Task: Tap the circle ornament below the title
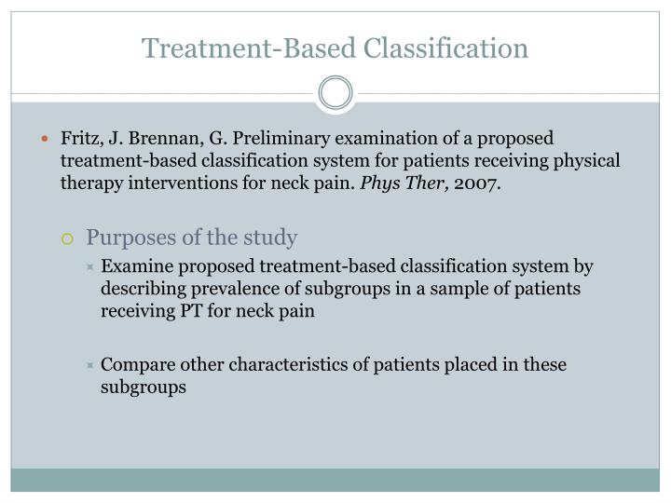[335, 93]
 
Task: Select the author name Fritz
[81, 139]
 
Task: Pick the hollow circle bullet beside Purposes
[66, 238]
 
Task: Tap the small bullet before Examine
[90, 267]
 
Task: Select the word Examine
[134, 266]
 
